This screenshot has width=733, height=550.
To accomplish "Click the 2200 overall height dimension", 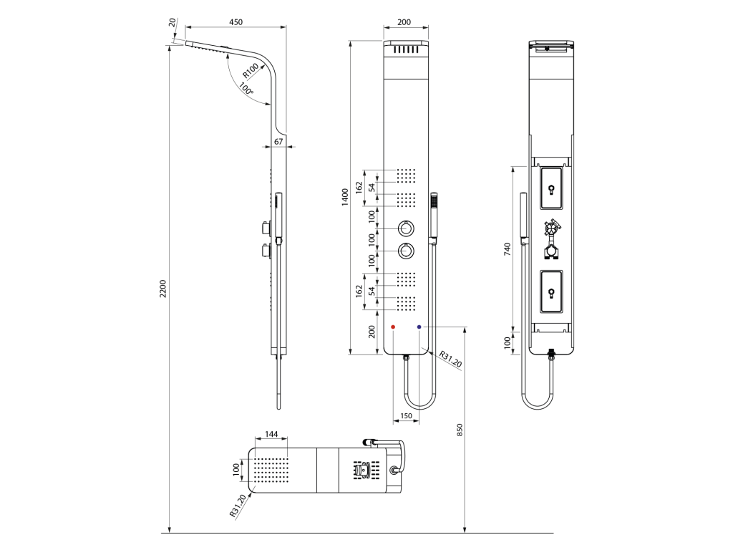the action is point(162,289).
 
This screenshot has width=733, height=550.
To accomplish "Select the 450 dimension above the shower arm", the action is point(236,22).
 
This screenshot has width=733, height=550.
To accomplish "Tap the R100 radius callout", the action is point(251,71).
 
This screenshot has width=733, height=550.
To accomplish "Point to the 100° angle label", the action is point(246,89).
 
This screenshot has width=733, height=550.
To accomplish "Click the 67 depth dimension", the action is point(278,141).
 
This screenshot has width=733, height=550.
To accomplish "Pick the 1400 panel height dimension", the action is point(345,197).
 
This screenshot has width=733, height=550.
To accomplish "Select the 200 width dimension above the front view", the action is point(404,22).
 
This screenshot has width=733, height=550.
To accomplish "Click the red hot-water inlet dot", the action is point(393,327).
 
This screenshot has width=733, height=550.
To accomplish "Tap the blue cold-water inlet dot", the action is point(419,327).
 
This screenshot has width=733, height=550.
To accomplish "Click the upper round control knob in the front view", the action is point(406,228).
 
